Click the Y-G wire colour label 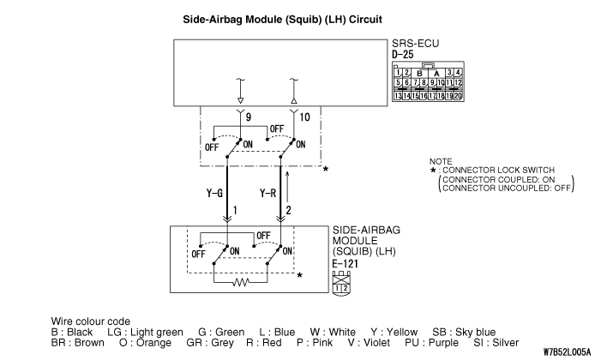(x=215, y=195)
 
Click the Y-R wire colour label (x=268, y=195)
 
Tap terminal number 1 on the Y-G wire (x=236, y=211)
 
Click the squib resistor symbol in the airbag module (x=242, y=280)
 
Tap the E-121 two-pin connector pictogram (x=342, y=284)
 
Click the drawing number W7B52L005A (x=567, y=351)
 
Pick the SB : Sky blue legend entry (x=464, y=332)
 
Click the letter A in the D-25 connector (x=438, y=74)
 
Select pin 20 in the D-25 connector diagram (x=459, y=96)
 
